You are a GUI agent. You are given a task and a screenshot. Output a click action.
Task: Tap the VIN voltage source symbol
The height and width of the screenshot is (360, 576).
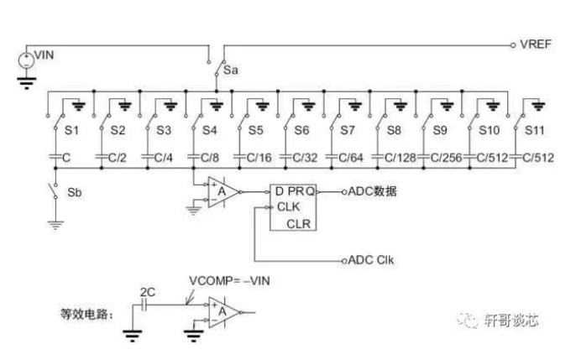25,60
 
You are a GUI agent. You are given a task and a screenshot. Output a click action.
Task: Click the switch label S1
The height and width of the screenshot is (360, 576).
71,130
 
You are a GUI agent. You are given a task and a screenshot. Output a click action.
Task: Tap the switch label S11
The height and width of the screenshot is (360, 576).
537,130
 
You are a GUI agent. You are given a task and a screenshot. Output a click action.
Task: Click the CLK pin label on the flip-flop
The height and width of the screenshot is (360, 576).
289,207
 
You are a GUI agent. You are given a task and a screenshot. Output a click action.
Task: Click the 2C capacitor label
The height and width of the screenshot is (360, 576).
147,290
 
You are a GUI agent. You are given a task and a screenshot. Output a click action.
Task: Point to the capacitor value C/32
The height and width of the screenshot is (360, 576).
305,157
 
